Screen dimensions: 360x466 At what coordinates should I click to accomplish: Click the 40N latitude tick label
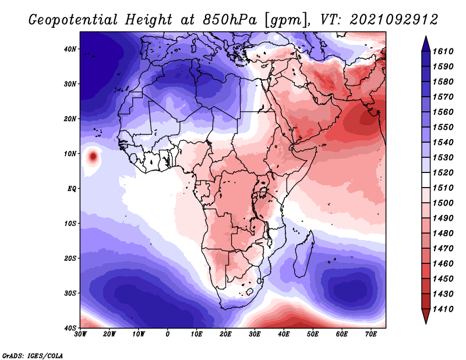click(x=70, y=49)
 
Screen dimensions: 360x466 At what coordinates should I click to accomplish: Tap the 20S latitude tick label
click(x=70, y=258)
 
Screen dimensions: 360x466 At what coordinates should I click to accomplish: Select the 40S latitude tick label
click(x=70, y=327)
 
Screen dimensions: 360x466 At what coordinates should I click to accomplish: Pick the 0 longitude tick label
click(x=168, y=334)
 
